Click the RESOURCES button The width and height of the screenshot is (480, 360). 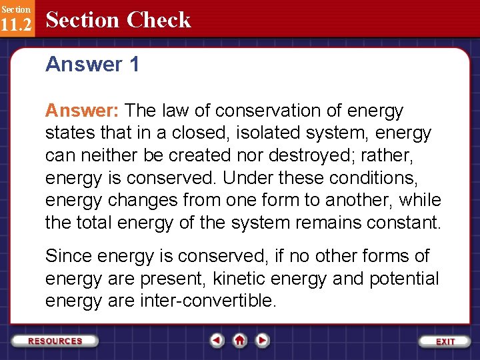55,341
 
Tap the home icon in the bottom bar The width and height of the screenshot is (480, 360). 240,341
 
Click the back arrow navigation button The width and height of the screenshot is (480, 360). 217,341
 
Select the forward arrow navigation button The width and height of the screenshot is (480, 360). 263,341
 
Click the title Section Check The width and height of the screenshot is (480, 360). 118,20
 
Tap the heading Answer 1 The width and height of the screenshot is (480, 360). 92,65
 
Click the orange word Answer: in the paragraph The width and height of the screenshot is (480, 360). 82,111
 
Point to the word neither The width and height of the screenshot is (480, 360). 106,155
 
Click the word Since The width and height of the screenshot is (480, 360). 69,256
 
